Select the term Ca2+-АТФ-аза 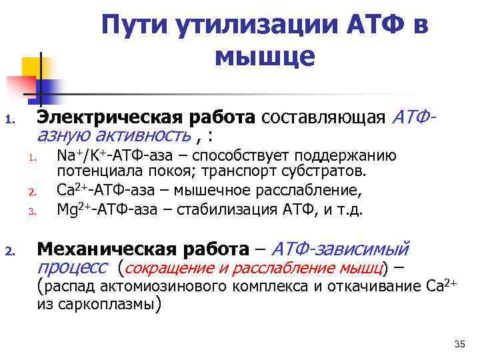coord(103,191)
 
